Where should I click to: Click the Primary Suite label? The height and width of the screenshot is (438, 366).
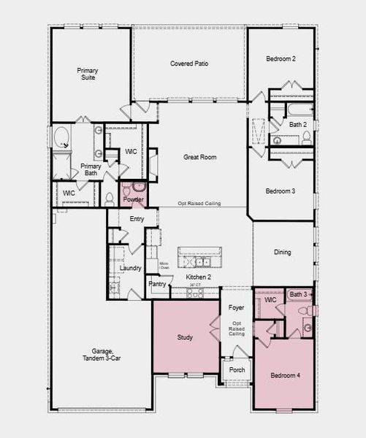point(88,74)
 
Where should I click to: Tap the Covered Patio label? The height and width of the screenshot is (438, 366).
point(189,64)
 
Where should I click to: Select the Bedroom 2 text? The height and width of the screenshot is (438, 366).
point(280,58)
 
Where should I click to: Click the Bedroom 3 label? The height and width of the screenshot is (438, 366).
point(280,191)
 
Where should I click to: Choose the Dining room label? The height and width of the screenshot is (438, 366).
point(282,253)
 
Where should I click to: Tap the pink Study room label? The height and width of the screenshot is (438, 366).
point(185,337)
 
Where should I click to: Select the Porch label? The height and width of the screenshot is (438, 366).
point(237,369)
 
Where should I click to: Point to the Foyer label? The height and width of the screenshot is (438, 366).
point(236,308)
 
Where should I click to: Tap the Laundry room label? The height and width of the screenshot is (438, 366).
point(129,269)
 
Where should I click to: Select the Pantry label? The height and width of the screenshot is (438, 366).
point(157,284)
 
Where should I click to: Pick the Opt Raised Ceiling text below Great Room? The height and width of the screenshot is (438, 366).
point(199,204)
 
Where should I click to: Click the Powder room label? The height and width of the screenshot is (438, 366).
point(133,199)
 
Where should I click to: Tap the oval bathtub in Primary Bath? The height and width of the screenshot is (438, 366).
point(61,139)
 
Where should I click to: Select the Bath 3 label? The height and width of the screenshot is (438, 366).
point(298,295)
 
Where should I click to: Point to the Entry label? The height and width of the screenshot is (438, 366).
point(137,219)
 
